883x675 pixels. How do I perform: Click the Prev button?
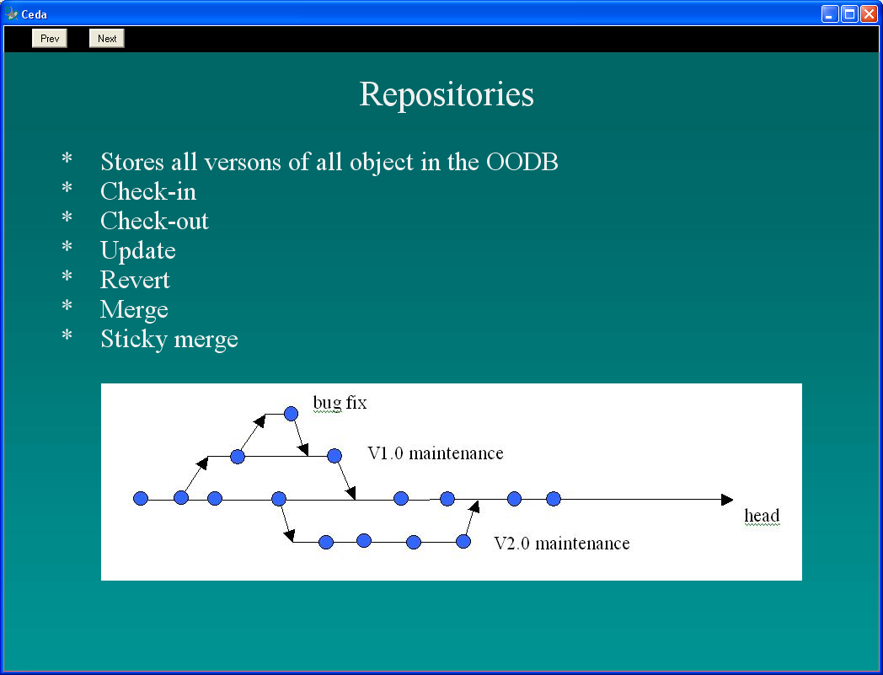pos(50,38)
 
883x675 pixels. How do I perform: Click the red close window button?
pos(869,13)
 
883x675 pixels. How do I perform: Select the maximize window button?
pos(850,13)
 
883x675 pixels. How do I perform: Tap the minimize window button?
pos(830,13)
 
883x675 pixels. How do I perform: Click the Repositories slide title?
pos(447,94)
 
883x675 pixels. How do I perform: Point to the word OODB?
pos(522,163)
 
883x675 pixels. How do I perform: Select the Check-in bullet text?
pos(148,191)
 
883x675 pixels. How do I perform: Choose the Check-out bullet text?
pos(154,221)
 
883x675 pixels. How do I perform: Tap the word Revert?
pos(135,280)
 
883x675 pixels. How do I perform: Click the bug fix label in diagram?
pos(340,403)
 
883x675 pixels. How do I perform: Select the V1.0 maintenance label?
pos(436,453)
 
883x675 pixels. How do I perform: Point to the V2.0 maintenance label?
pos(561,544)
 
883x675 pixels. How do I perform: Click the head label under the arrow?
pos(762,516)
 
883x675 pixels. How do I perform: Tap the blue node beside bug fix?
pos(291,414)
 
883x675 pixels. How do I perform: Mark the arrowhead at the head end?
pos(727,500)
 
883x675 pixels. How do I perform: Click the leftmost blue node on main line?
pos(141,498)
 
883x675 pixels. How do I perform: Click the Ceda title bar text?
pos(35,14)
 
